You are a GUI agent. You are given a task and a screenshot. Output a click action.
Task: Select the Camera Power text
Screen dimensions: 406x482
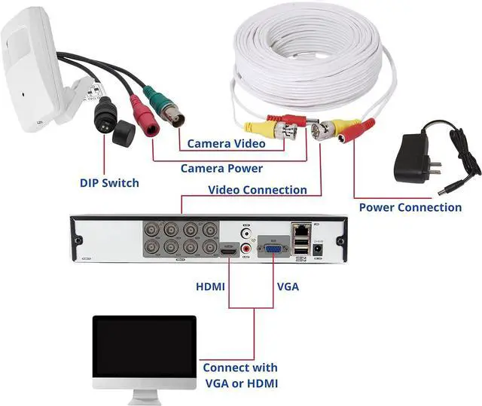[x=221, y=168]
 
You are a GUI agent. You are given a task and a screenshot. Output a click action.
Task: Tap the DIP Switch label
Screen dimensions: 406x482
[x=109, y=182]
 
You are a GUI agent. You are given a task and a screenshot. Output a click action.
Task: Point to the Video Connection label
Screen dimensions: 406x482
[x=257, y=190]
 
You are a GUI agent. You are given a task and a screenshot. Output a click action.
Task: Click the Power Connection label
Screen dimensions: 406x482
[x=410, y=207]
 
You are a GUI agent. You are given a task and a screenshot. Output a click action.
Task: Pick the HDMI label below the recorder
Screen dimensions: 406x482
[x=210, y=286]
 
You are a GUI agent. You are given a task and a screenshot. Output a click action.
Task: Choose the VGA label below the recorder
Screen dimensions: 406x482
[x=288, y=286]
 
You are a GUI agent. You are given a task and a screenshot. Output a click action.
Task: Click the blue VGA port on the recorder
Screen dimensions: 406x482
[x=272, y=248]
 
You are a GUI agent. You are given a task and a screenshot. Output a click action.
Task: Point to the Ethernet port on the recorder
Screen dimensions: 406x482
[x=300, y=227]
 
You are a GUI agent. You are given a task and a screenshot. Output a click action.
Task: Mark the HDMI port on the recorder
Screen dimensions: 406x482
[x=228, y=249]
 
